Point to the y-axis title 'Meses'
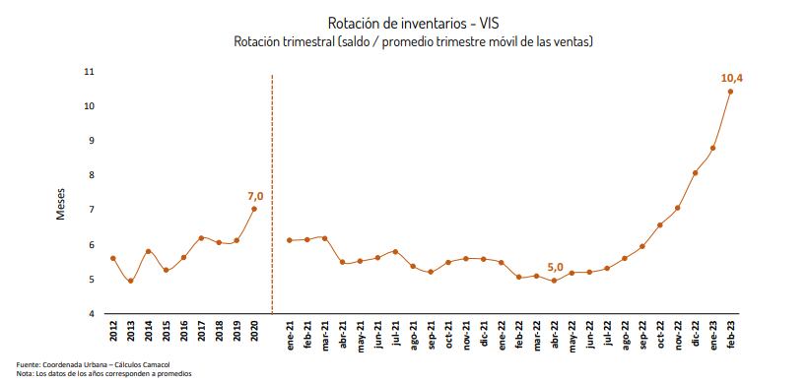pyautogui.click(x=60, y=205)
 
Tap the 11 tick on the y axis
pyautogui.click(x=89, y=72)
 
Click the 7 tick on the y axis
pyautogui.click(x=91, y=211)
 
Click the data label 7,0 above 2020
pyautogui.click(x=255, y=196)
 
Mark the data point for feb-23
pyautogui.click(x=730, y=92)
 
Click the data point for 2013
pyautogui.click(x=131, y=281)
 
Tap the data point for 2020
pyautogui.click(x=255, y=209)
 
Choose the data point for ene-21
pyautogui.click(x=290, y=240)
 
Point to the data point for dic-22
pyautogui.click(x=695, y=173)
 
